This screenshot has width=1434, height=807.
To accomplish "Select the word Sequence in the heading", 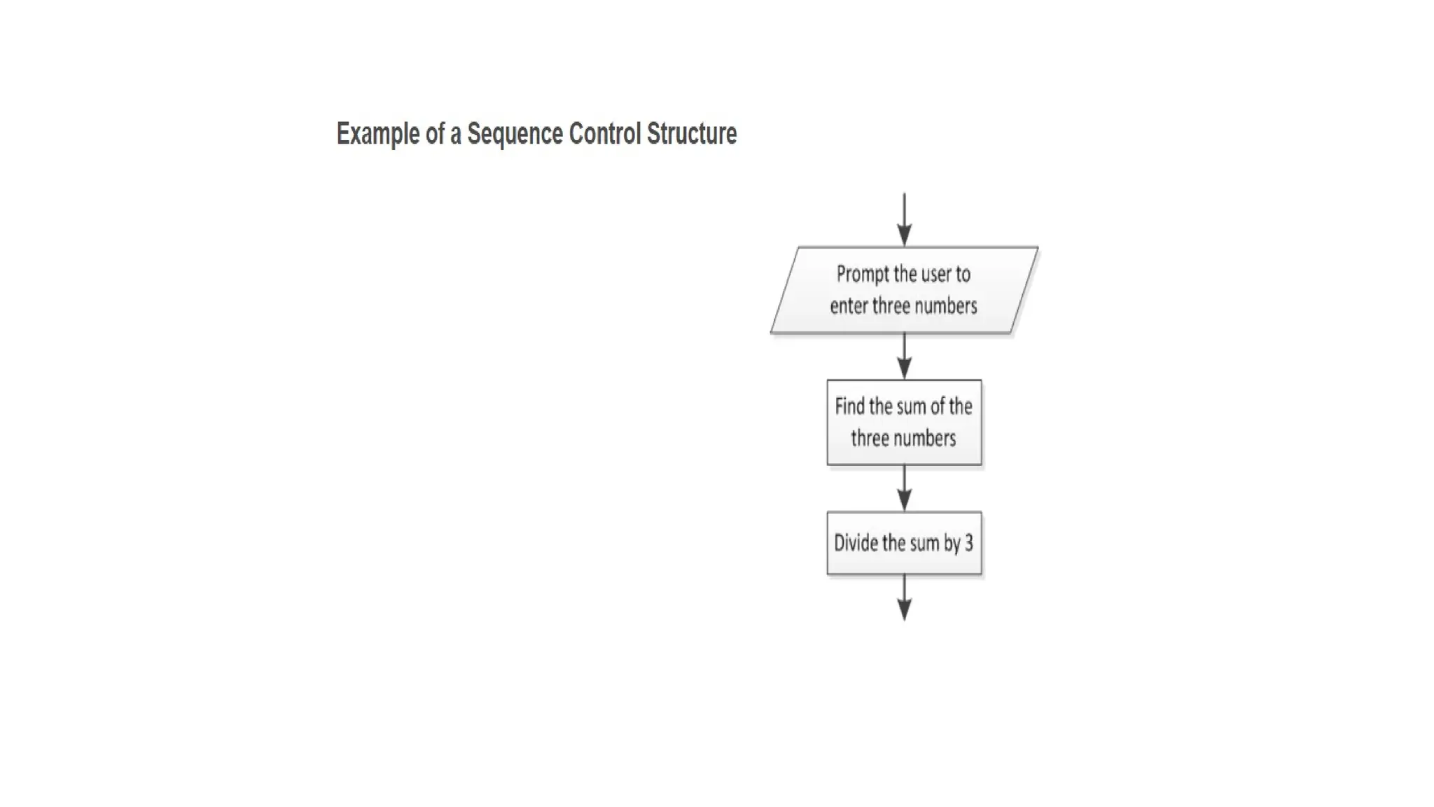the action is [x=515, y=134].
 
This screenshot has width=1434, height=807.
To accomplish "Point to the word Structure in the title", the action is [x=691, y=133].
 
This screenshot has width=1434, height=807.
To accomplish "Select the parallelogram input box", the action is [x=904, y=290].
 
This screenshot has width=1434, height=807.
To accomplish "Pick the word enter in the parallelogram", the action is [x=849, y=306].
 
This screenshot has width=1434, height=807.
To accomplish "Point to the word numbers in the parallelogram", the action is [x=945, y=306].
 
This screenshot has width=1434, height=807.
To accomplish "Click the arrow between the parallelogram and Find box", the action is [x=904, y=356].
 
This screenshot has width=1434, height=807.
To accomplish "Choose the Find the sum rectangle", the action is [x=904, y=422].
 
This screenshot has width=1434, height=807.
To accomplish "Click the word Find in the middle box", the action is [x=850, y=406].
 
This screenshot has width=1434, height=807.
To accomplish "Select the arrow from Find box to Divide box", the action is [x=904, y=488].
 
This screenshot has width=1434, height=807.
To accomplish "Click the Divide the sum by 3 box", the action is [x=904, y=543].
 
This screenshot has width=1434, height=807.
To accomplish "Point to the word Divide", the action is [x=855, y=543].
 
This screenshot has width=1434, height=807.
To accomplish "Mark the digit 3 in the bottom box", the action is [x=969, y=543].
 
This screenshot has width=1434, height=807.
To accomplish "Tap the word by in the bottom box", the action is [x=952, y=544].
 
